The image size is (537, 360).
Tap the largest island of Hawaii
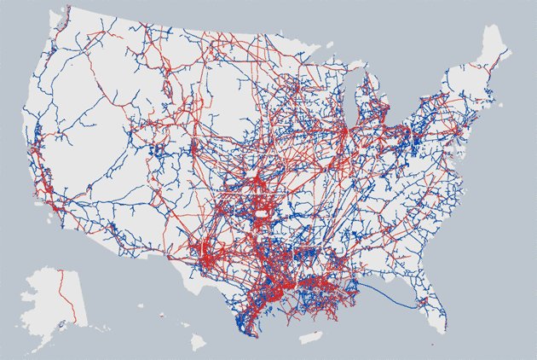[x=203, y=344]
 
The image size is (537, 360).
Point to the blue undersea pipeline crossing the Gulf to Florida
[x=401, y=298]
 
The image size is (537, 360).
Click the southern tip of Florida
[x=441, y=333]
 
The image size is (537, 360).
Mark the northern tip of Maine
[x=493, y=28]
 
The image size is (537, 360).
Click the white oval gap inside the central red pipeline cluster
[x=260, y=206]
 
